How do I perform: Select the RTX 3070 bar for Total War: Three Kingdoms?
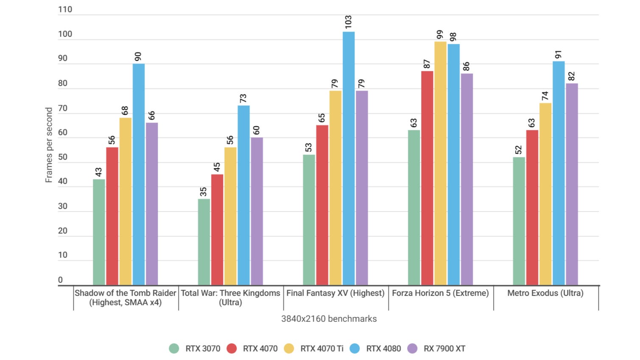[204, 242]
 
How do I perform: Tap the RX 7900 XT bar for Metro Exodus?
[572, 184]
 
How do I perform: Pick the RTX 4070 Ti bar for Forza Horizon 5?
[440, 163]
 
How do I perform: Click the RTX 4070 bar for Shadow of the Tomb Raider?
[112, 216]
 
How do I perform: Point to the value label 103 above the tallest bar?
[349, 22]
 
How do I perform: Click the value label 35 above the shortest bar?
[204, 192]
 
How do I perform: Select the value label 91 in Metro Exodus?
[559, 55]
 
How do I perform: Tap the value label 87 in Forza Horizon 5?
[427, 64]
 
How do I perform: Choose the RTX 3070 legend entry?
[195, 349]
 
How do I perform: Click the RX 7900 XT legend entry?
[436, 349]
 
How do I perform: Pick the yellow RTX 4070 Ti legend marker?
[289, 349]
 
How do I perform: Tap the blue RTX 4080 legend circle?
[355, 349]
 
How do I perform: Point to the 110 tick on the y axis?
[65, 9]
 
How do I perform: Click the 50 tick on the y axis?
[63, 157]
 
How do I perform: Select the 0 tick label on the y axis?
[60, 280]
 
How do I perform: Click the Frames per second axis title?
[49, 145]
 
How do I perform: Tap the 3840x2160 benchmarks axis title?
[329, 319]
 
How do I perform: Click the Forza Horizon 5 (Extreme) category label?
[440, 293]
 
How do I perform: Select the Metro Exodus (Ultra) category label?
[545, 293]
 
